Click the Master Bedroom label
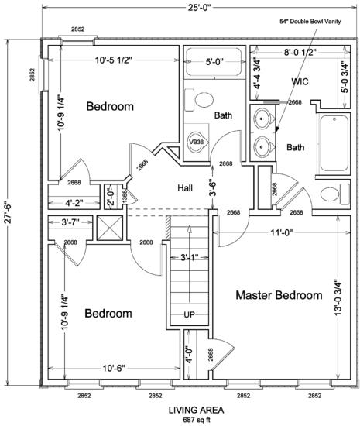(279, 295)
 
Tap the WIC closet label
(300, 81)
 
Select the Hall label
(185, 187)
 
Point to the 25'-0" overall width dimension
(200, 7)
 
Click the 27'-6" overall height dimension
(8, 212)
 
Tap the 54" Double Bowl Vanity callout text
(310, 22)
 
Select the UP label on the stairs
(189, 314)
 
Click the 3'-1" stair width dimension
(190, 257)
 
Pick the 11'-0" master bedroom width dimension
(281, 232)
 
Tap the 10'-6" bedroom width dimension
(114, 369)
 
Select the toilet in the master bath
(334, 194)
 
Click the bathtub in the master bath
(334, 143)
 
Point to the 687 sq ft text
(197, 420)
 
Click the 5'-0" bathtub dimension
(214, 62)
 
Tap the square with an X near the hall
(110, 228)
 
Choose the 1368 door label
(125, 197)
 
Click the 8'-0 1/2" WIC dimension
(300, 52)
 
